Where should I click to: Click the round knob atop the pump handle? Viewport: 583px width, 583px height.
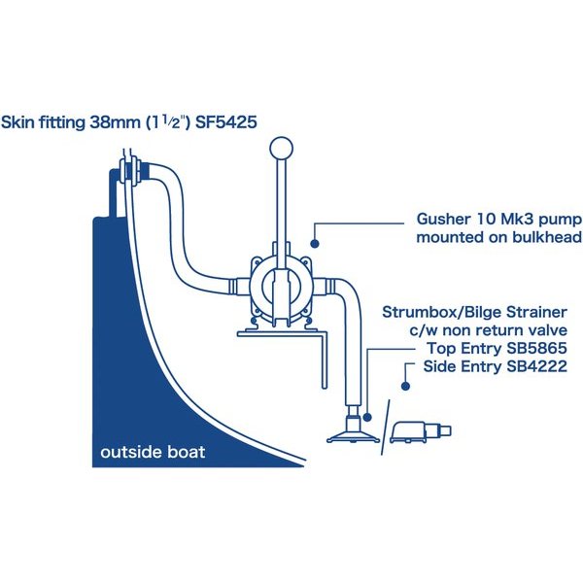coord(281,149)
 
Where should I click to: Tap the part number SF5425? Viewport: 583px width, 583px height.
coord(226,122)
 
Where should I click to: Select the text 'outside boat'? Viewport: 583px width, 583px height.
coord(153,452)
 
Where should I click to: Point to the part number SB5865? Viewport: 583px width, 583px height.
coord(536,349)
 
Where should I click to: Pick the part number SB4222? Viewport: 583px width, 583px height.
coord(536,366)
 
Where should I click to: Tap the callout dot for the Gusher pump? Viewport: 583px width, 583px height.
coord(315,244)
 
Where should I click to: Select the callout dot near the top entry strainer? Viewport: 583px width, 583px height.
coord(367,417)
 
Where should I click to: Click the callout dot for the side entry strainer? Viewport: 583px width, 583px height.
coord(405,387)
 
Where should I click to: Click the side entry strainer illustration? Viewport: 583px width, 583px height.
coord(420,432)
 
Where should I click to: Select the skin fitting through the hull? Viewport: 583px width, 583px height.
coord(131,171)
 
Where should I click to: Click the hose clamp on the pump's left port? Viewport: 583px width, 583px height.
coord(233,287)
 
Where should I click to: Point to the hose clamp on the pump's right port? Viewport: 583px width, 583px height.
coord(329,287)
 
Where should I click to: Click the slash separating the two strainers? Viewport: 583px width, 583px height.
coord(386,428)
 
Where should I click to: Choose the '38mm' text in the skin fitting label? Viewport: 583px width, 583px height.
coord(115,122)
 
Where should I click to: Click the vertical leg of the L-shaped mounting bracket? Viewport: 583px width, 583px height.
coord(325,360)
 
